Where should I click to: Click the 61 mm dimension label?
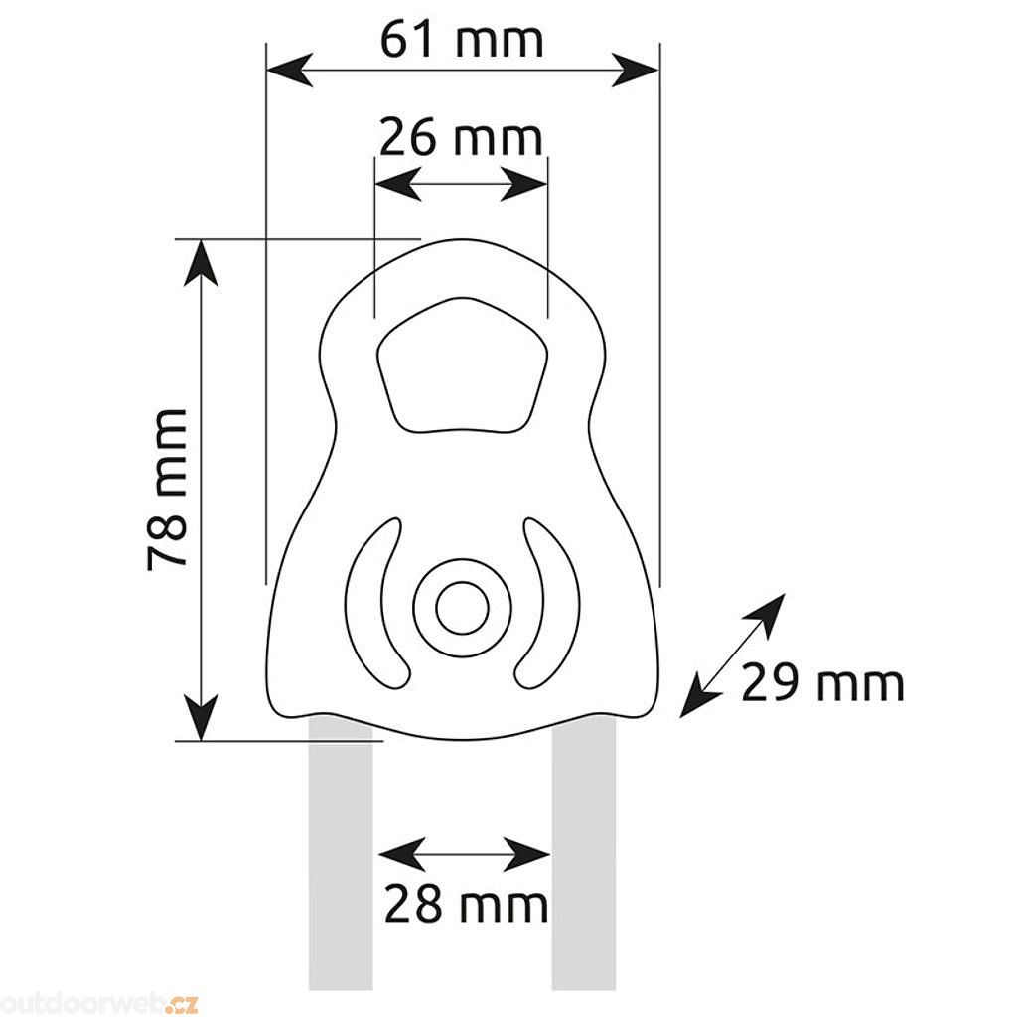[461, 40]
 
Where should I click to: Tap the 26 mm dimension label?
[461, 137]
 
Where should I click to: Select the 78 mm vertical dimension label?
[167, 490]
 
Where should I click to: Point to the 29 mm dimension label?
[822, 682]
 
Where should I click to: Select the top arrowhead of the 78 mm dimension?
[201, 262]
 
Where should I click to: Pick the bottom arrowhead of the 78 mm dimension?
[201, 717]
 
